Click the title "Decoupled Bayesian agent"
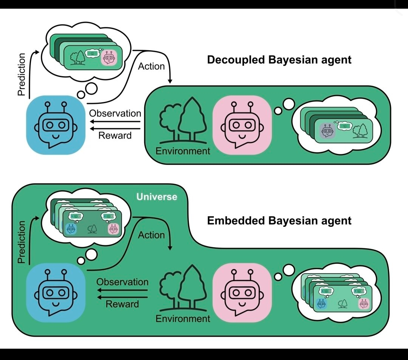(x=279, y=60)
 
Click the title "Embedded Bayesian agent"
(x=279, y=220)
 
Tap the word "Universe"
(x=157, y=197)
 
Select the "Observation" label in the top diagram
(x=115, y=113)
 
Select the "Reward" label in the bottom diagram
(x=122, y=304)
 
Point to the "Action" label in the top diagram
(x=151, y=66)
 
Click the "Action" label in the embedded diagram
(x=151, y=235)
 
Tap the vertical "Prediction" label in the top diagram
(x=22, y=74)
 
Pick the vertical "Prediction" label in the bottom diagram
(x=22, y=242)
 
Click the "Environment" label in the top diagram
(x=183, y=151)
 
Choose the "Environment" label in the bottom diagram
(x=183, y=318)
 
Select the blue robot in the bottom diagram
(x=56, y=292)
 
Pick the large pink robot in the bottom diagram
(x=242, y=292)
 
